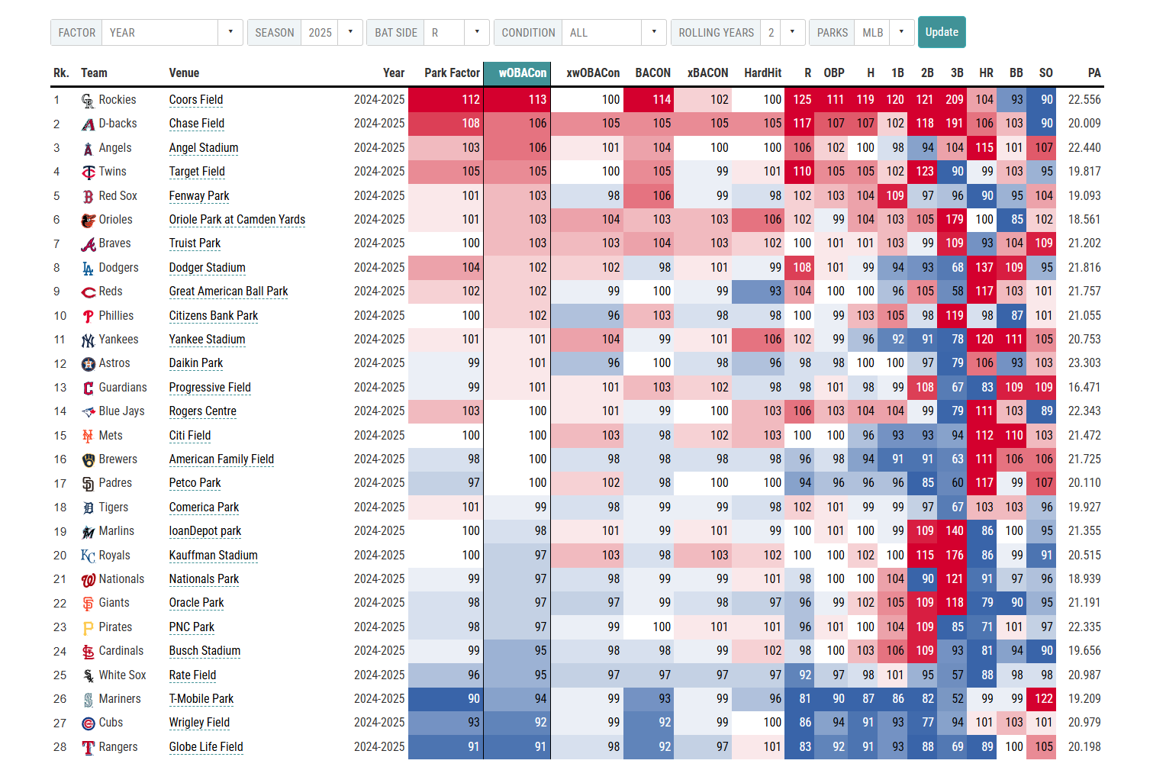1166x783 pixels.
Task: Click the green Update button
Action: (941, 32)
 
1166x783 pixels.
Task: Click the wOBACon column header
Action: (522, 73)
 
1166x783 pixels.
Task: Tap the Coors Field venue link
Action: (196, 100)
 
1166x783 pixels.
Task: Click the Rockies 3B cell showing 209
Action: (954, 100)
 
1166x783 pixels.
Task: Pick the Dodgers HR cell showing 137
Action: (984, 268)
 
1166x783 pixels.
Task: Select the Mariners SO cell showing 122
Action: (1043, 699)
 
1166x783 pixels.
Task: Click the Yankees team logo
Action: (89, 340)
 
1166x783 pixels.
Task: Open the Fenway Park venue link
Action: (199, 196)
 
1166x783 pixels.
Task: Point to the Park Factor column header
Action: (452, 73)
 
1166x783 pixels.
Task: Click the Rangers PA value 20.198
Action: (1084, 747)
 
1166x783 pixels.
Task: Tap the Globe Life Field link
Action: (206, 747)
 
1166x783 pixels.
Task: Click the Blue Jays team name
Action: (121, 411)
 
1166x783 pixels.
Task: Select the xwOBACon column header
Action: (592, 73)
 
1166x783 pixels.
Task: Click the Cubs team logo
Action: (89, 723)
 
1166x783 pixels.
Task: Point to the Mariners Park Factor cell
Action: (446, 699)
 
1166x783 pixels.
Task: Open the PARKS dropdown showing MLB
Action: (884, 33)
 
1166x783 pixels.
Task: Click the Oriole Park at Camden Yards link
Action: (237, 220)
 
